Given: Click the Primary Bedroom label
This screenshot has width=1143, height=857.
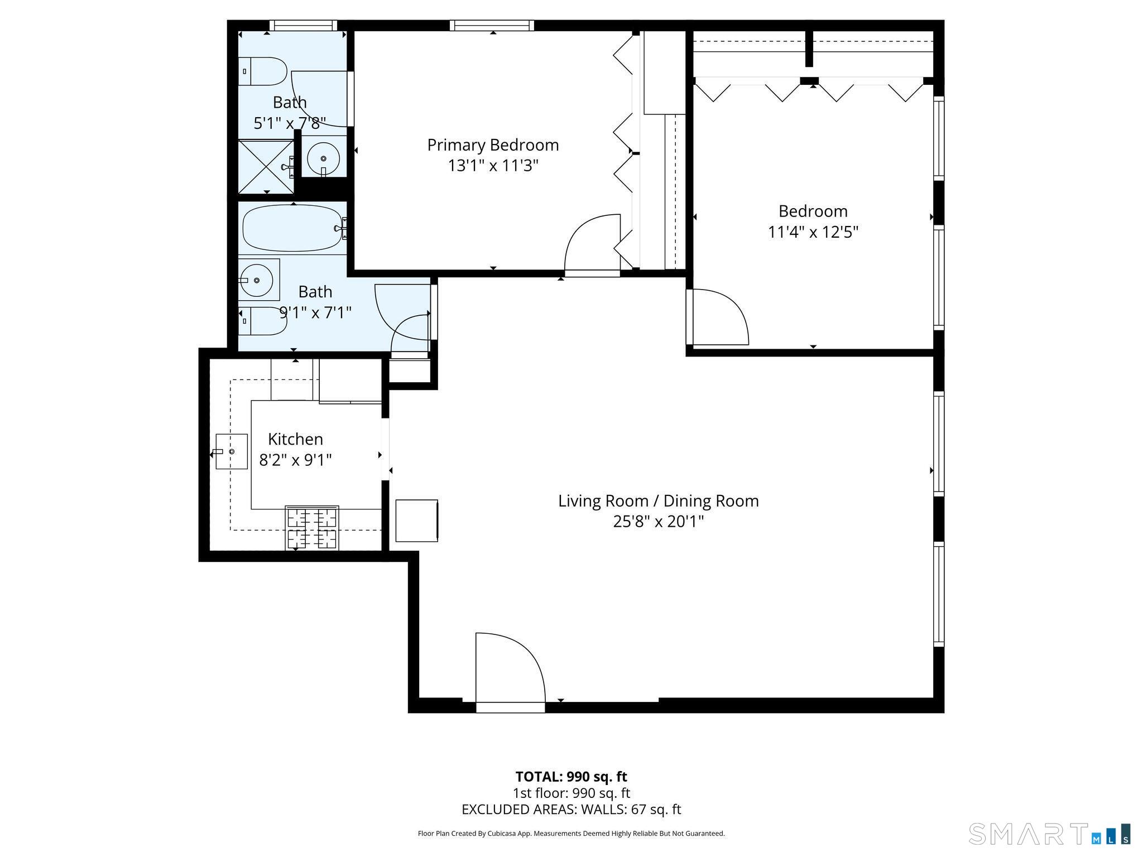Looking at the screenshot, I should (493, 145).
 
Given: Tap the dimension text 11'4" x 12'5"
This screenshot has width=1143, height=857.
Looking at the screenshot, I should (813, 232).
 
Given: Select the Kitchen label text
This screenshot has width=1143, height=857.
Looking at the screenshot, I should (295, 439).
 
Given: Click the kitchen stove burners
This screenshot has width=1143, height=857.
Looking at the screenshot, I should (312, 528).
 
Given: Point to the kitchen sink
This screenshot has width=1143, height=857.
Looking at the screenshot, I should (232, 451).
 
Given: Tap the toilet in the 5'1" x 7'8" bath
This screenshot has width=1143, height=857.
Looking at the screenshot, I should (263, 71).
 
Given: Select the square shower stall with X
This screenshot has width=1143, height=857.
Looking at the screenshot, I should (266, 167).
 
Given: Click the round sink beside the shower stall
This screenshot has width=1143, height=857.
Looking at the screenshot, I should (323, 158).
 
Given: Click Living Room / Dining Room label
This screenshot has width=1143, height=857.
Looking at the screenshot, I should (659, 501).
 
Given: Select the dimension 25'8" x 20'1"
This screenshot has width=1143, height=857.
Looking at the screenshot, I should (659, 522).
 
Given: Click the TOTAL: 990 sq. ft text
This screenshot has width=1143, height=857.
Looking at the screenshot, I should (571, 777).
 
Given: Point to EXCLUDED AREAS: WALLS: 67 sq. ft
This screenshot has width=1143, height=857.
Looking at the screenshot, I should (571, 810).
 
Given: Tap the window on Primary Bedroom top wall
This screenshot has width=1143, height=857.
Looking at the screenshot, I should (492, 25).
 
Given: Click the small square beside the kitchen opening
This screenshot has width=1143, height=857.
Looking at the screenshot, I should (416, 521).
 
